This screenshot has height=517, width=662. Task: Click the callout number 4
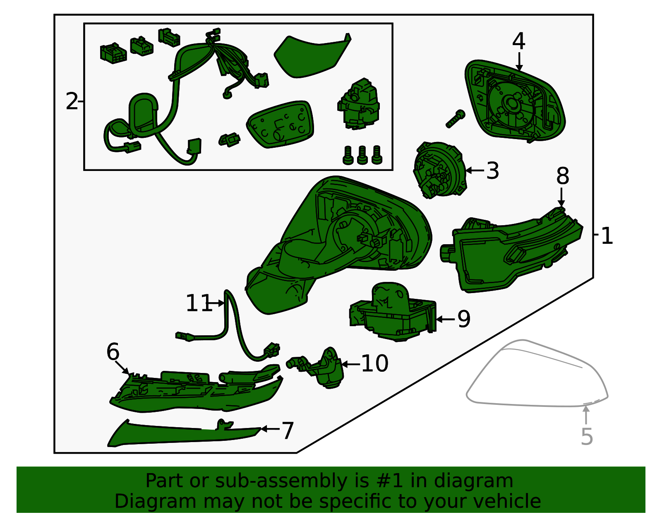pyautogui.click(x=518, y=41)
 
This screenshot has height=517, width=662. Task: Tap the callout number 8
pyautogui.click(x=562, y=176)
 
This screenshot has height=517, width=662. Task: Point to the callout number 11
pyautogui.click(x=199, y=303)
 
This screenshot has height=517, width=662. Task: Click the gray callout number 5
pyautogui.click(x=587, y=437)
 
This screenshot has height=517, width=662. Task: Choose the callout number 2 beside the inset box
pyautogui.click(x=72, y=101)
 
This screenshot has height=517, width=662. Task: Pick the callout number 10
pyautogui.click(x=374, y=363)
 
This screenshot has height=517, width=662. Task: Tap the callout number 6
pyautogui.click(x=113, y=352)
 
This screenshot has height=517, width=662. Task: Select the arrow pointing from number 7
pyautogui.click(x=270, y=429)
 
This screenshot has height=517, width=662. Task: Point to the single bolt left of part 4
pyautogui.click(x=456, y=119)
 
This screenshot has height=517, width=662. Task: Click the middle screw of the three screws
pyautogui.click(x=362, y=155)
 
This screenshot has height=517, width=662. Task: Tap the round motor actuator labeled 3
pyautogui.click(x=439, y=170)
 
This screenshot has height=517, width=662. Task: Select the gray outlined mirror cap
pyautogui.click(x=537, y=373)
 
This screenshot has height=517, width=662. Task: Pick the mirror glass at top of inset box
pyautogui.click(x=312, y=56)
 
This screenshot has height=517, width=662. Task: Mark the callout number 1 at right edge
pyautogui.click(x=607, y=236)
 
